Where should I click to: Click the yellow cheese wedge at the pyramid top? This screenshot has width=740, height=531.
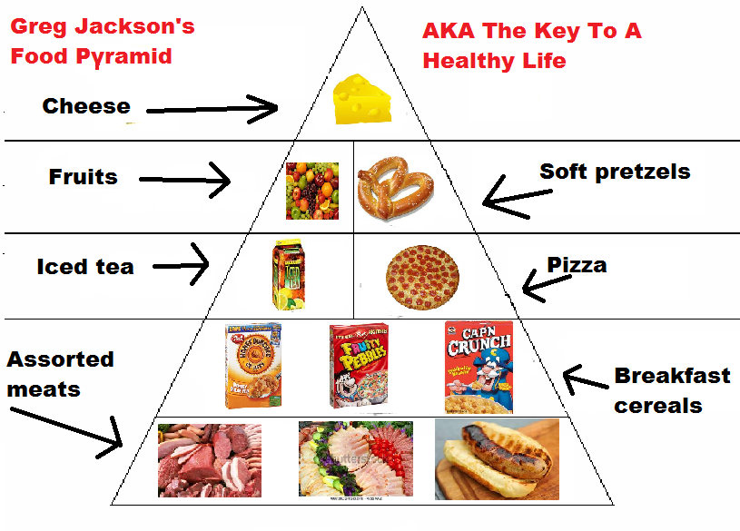point(362,100)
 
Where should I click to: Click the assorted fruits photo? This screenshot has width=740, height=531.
point(311,191)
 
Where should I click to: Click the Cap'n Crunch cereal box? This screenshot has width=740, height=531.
point(478,366)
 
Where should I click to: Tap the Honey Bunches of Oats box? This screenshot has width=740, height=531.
point(252,366)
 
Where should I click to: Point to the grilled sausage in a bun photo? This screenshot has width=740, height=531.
point(497,458)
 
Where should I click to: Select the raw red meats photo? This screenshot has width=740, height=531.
point(209,460)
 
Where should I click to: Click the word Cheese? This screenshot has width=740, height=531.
point(86,106)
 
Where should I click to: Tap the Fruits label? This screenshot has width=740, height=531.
point(83,176)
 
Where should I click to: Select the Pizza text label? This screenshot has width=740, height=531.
point(577,265)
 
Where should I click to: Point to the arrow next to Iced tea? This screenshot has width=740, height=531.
point(182,266)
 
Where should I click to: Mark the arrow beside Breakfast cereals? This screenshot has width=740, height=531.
point(581,378)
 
